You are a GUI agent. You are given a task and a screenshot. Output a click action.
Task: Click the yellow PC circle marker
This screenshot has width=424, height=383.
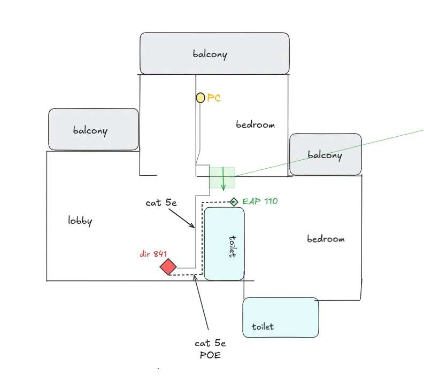coord(201,97)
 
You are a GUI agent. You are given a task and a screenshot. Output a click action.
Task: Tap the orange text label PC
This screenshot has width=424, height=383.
coord(214,98)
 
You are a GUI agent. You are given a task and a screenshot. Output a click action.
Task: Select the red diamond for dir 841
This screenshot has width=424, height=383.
coord(168,267)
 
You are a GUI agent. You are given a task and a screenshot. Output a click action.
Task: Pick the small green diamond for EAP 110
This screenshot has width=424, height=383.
coord(234,201)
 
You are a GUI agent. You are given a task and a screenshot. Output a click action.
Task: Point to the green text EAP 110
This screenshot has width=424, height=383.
coord(260,201)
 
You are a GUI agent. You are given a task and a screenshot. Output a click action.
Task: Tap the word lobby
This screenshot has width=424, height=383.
coord(80,221)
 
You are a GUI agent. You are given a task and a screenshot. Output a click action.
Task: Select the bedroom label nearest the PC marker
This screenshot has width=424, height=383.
coord(255,124)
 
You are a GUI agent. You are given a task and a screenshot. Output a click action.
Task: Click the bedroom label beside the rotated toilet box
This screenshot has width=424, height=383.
coord(326,239)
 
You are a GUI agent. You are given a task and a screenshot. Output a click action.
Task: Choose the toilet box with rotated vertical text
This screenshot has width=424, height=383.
coord(224,244)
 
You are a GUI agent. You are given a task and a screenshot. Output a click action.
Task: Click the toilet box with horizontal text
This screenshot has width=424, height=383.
coord(281,318)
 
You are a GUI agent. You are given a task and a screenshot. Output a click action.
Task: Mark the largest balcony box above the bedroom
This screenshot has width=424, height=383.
coord(214,53)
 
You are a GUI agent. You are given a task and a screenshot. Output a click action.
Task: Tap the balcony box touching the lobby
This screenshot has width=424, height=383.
coord(94,130)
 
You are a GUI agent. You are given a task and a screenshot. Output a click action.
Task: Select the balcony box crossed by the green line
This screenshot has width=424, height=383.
coord(325,154)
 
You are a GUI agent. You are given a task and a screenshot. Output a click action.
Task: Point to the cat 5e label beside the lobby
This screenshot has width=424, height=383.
coord(160,203)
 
